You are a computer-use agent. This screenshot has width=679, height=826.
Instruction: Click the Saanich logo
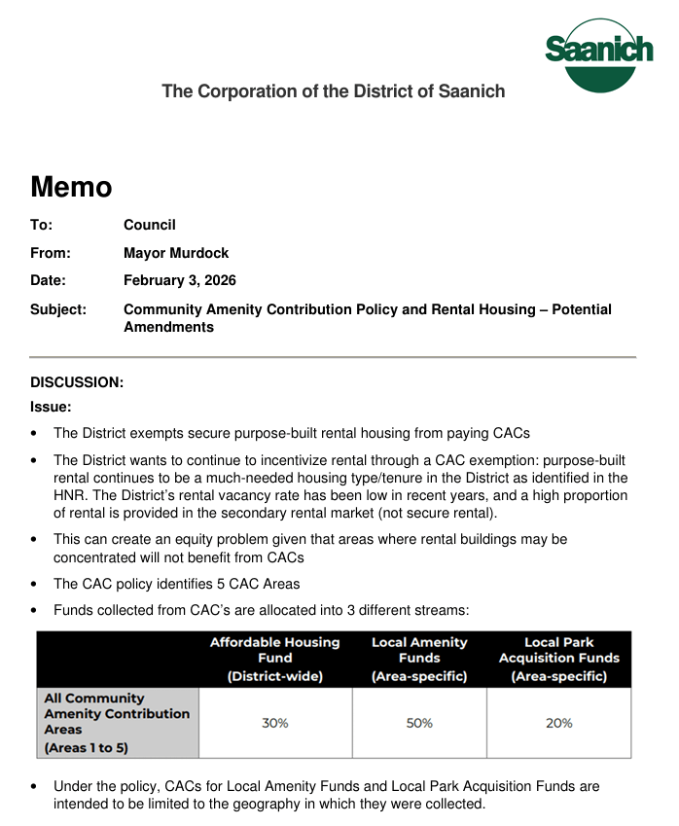point(599,54)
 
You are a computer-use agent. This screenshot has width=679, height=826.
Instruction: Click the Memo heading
point(71,186)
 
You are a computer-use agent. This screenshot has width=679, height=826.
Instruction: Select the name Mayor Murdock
point(176,253)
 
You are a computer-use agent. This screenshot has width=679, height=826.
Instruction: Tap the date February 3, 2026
point(180,280)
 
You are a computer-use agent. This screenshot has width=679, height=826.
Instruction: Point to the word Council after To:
point(150,225)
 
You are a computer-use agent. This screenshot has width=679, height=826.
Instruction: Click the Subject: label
point(58,309)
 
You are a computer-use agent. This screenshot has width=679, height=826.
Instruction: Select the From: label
point(51,253)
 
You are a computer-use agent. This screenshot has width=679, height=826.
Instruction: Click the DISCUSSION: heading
point(77,382)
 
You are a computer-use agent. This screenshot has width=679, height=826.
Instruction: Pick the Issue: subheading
point(51,408)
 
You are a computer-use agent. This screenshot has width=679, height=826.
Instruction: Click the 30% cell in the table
point(275,723)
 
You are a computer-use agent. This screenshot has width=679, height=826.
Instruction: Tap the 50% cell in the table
point(419,723)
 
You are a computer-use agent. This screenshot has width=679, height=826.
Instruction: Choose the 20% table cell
point(559,723)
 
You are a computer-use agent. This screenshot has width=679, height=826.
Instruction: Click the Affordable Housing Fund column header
point(275,659)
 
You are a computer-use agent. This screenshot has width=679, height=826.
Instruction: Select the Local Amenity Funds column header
point(419,659)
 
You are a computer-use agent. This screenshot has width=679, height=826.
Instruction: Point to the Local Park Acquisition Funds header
point(559,659)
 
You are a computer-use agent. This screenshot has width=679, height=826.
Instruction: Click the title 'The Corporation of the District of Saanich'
point(333,91)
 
